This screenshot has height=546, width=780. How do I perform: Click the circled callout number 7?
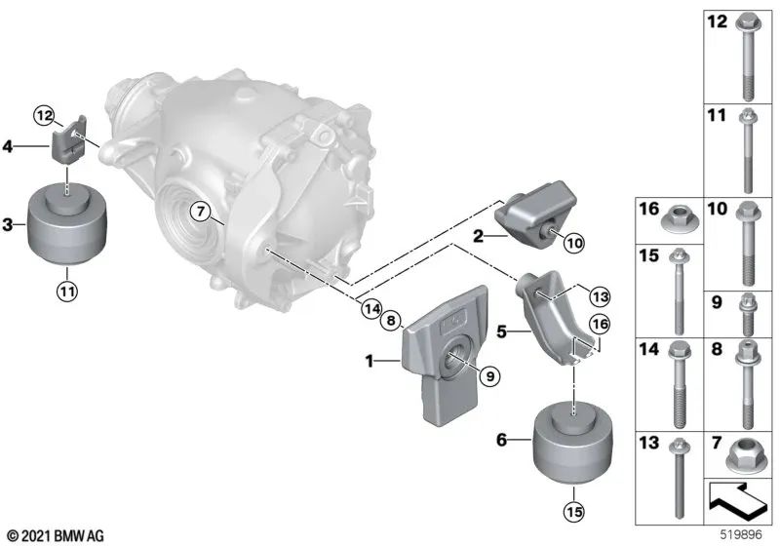point(199,211)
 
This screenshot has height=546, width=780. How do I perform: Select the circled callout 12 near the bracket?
point(44,116)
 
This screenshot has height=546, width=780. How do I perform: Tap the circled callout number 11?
point(65,289)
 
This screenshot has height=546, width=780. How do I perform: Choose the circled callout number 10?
point(572,240)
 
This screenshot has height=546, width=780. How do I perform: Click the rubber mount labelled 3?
point(65,226)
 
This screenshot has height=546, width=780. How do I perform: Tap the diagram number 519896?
point(741,535)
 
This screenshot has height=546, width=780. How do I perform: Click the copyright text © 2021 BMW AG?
point(55,535)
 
